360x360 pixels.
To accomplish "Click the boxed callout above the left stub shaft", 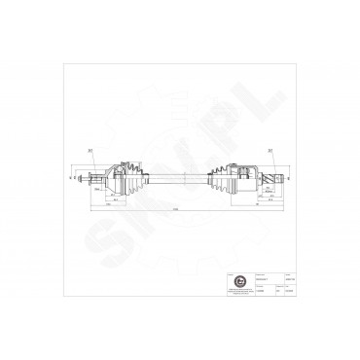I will [88, 149].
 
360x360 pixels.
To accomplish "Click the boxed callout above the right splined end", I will [269, 149].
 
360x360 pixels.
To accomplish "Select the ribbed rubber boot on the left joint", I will [131, 175].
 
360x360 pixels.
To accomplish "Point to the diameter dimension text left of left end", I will [73, 176].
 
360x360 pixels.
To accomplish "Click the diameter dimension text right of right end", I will [289, 176].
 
